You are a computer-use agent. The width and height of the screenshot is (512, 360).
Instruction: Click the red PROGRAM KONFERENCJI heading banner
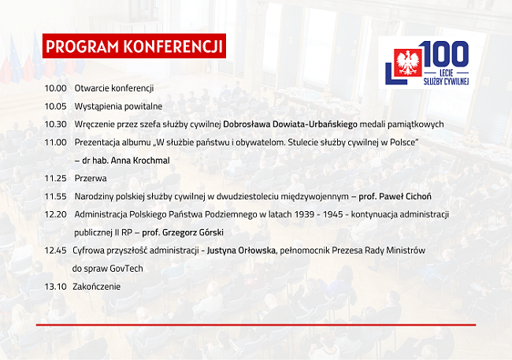[x=134, y=46]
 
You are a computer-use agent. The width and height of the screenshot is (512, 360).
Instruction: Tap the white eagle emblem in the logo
[x=407, y=62]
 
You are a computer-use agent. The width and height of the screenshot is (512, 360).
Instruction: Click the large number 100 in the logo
[x=445, y=54]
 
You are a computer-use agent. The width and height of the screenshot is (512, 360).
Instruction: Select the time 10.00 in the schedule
[x=55, y=88]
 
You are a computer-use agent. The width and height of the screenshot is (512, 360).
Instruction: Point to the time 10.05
[x=55, y=106]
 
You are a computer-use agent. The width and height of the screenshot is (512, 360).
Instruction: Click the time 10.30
[x=55, y=124]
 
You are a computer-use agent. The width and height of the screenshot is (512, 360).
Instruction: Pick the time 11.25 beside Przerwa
[x=55, y=178]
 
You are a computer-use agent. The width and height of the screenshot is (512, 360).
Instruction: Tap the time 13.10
[x=55, y=287]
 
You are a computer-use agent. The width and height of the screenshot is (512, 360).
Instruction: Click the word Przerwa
[x=91, y=178]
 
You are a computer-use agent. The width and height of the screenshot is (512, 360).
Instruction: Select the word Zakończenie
[x=96, y=287]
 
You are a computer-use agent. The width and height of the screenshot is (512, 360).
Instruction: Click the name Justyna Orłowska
[x=241, y=251]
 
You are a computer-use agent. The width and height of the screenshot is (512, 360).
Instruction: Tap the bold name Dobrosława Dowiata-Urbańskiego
[x=291, y=124]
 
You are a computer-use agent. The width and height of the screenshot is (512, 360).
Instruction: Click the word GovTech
[x=126, y=269]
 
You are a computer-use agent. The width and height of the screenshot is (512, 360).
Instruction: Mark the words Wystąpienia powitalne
[x=118, y=106]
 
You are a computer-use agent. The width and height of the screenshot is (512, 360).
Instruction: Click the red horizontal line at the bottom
[x=256, y=325]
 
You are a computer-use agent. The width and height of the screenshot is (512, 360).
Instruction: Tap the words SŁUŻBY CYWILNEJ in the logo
[x=446, y=81]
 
